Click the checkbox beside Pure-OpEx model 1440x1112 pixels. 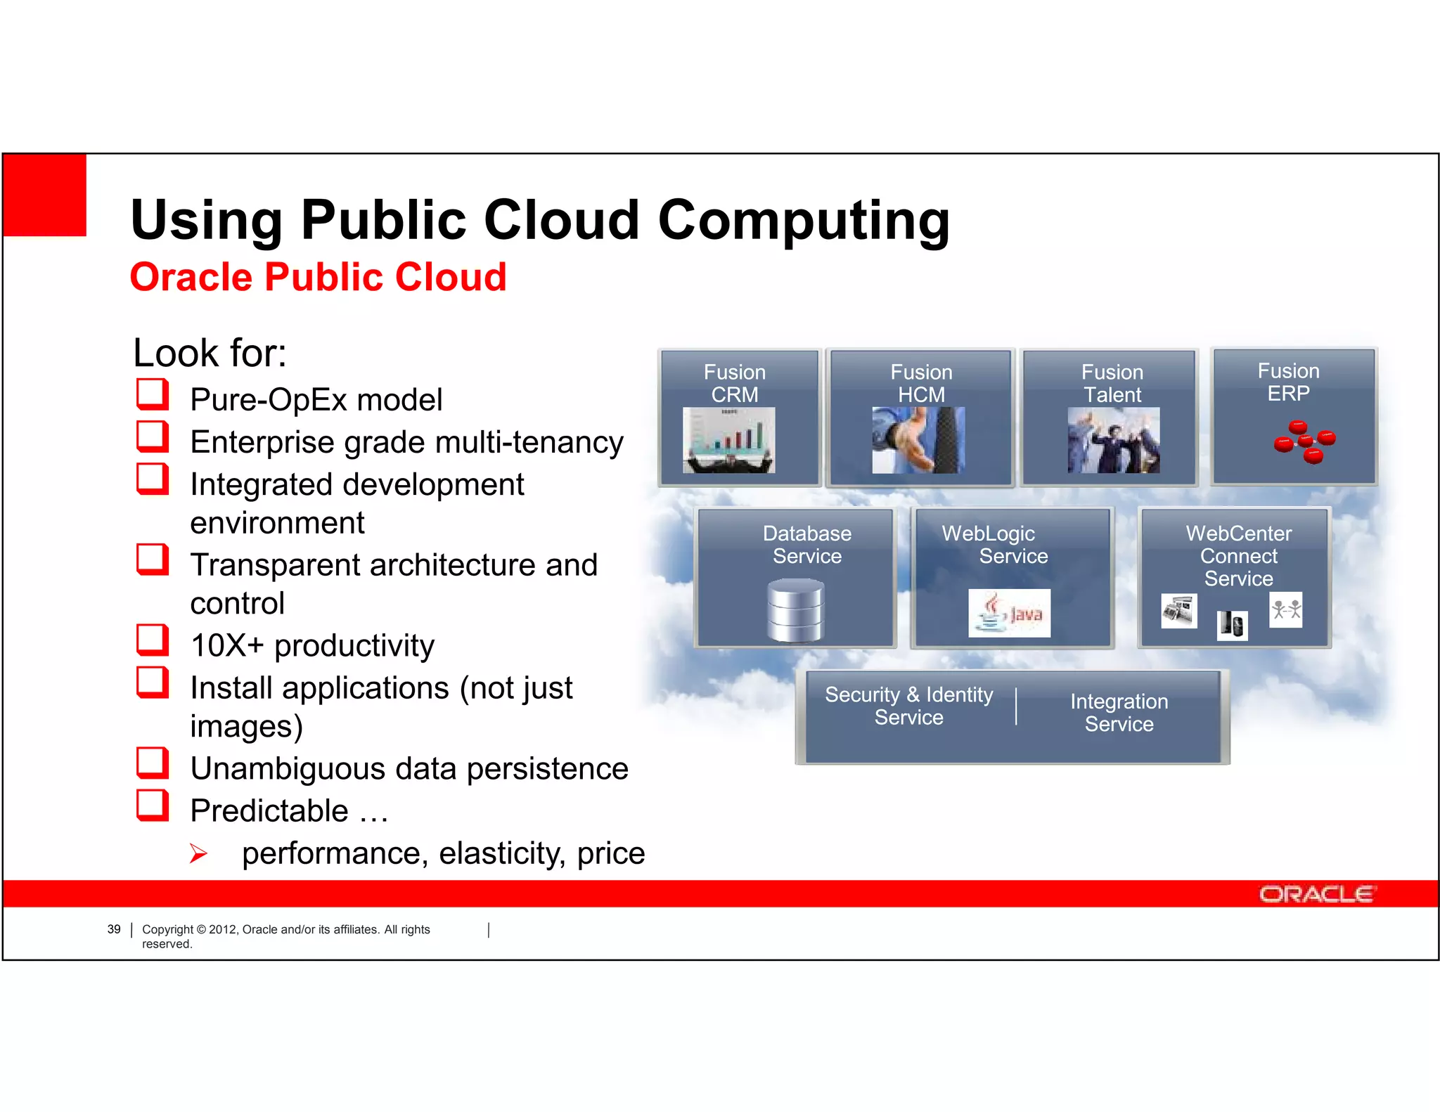pos(152,394)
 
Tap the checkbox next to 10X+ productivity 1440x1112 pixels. pos(152,640)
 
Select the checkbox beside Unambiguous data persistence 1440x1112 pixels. pos(152,763)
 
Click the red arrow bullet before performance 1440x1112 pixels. pos(198,854)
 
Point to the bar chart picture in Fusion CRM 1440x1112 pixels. pos(728,440)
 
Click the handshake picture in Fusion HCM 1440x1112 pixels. pos(918,440)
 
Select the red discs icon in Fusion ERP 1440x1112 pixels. pos(1304,441)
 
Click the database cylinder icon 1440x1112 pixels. pos(795,610)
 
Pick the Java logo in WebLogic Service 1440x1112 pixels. pos(1009,614)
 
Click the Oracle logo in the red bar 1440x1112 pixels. pos(1316,894)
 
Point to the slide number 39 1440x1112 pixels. pos(114,929)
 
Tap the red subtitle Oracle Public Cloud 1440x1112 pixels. pos(318,277)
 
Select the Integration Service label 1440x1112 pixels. pos(1119,712)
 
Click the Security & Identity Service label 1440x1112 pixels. pos(908,706)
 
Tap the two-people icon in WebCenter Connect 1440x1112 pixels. pos(1285,609)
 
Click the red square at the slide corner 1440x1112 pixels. pos(45,195)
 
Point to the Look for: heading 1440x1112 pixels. pos(210,353)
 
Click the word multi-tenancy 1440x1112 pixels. pos(529,443)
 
